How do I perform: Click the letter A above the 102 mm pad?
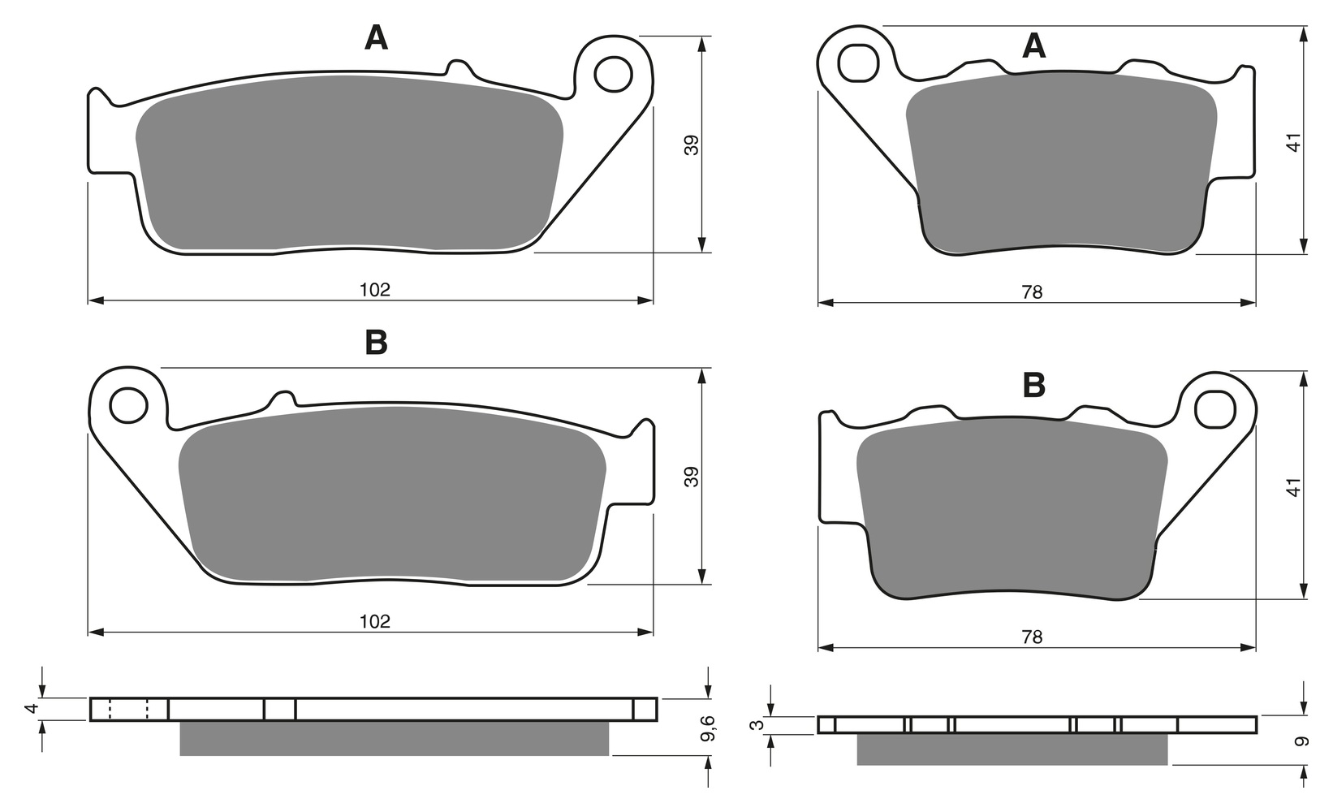click(x=376, y=38)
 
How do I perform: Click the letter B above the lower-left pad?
click(x=376, y=343)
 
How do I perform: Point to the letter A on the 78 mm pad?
click(x=1033, y=45)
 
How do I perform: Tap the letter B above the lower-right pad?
click(x=1033, y=385)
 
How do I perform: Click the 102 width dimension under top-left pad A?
click(x=375, y=290)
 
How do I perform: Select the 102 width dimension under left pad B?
click(x=375, y=621)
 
